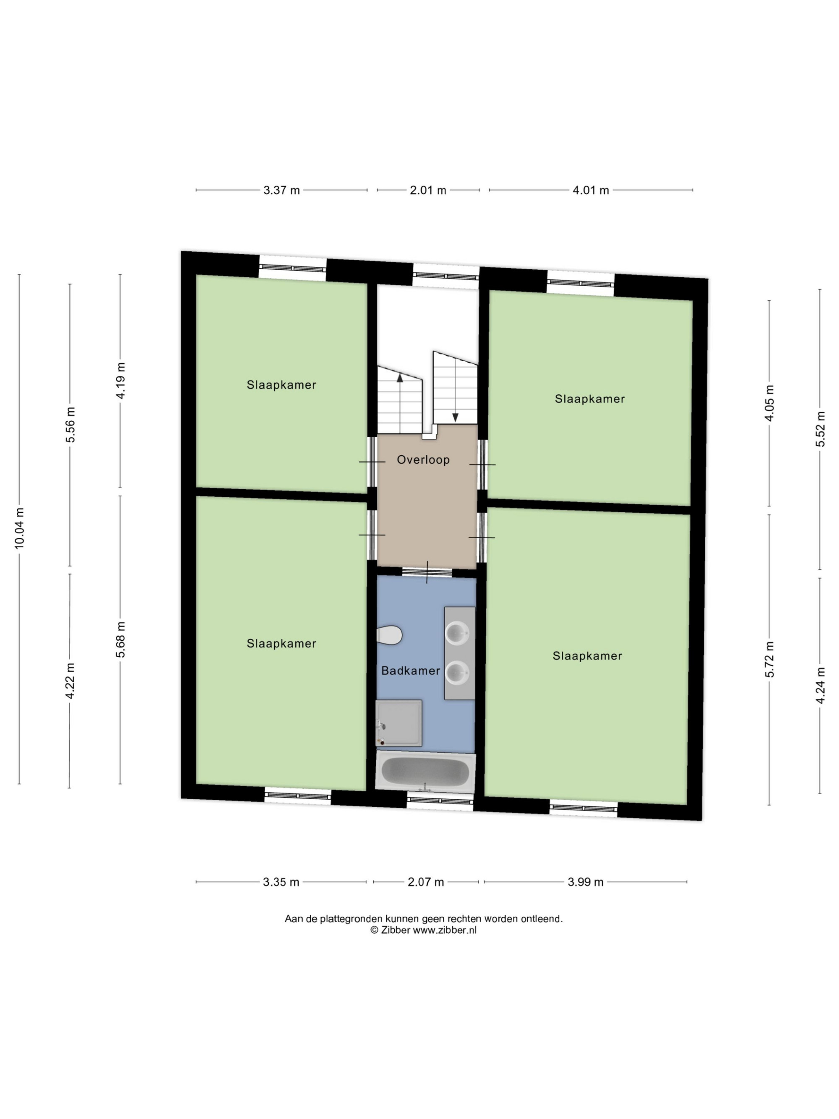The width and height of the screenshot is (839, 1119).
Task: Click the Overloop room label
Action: [x=423, y=460]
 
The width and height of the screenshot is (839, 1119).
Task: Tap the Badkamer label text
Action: [x=410, y=671]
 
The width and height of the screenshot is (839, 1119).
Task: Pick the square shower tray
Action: [x=399, y=723]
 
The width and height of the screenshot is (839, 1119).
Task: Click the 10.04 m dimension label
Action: [x=19, y=528]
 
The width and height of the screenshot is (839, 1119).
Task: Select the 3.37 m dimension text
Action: [x=281, y=190]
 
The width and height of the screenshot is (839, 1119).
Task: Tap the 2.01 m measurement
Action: [x=428, y=190]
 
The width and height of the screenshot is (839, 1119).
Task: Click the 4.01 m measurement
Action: [x=591, y=190]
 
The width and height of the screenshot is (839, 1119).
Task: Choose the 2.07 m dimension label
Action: [x=426, y=882]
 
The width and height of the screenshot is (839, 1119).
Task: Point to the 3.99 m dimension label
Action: [x=586, y=882]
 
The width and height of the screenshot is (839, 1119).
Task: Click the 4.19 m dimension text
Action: [x=120, y=381]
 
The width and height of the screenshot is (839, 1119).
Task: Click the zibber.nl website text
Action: [x=445, y=930]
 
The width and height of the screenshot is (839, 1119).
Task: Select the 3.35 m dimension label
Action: [x=281, y=882]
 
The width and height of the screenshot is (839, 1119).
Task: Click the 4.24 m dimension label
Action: [x=820, y=686]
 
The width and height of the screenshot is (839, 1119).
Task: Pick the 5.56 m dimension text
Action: [x=70, y=425]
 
